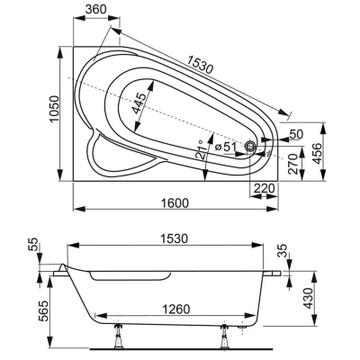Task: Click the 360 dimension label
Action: pyautogui.click(x=95, y=9)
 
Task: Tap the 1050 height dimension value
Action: pyautogui.click(x=54, y=109)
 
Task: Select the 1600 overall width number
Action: pyautogui.click(x=175, y=203)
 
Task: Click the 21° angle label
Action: pyautogui.click(x=200, y=149)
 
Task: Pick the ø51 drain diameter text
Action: pyautogui.click(x=225, y=147)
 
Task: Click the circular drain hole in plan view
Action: pyautogui.click(x=250, y=147)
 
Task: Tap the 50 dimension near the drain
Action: pyautogui.click(x=297, y=134)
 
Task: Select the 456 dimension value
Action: pyautogui.click(x=317, y=154)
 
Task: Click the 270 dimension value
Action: pyautogui.click(x=294, y=164)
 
